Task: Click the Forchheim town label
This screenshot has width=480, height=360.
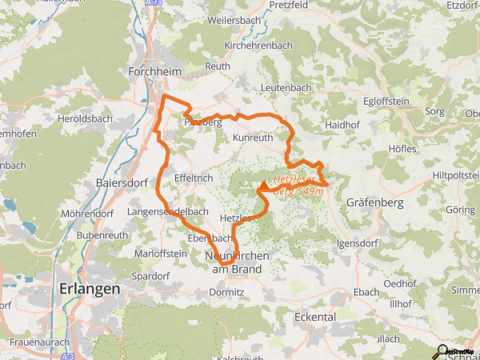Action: click(x=155, y=71)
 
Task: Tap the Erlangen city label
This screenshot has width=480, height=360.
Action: click(x=90, y=288)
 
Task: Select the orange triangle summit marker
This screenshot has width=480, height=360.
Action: click(x=263, y=186)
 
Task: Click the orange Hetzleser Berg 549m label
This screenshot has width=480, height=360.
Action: click(x=299, y=186)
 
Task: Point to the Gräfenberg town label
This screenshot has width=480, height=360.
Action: click(x=374, y=203)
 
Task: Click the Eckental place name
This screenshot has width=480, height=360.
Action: click(x=314, y=317)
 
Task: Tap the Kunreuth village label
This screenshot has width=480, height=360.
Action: click(x=252, y=138)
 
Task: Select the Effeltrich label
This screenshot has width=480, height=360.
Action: click(x=191, y=179)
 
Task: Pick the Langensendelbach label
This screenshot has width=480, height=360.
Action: click(x=169, y=211)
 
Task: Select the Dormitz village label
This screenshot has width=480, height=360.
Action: click(x=227, y=293)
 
